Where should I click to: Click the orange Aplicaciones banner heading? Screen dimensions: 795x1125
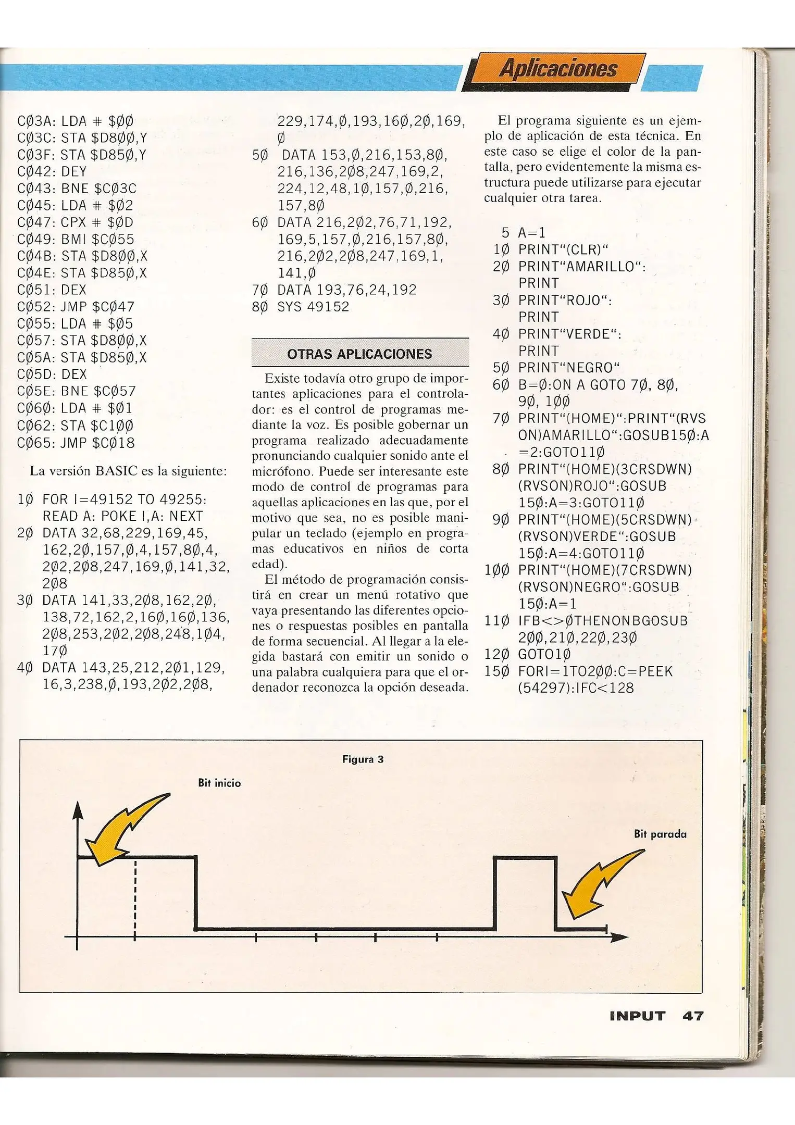557,69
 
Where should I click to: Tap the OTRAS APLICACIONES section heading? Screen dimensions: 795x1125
359,354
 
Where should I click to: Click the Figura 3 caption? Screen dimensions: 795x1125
363,759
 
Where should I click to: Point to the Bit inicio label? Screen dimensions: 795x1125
219,783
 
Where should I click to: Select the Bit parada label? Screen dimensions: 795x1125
660,834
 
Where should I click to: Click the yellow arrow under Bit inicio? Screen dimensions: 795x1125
125,828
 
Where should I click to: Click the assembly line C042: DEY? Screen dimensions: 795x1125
52,171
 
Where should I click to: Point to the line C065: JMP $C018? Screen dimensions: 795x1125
76,443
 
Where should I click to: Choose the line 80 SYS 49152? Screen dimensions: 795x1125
301,306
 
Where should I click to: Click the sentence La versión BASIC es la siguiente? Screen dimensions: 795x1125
128,471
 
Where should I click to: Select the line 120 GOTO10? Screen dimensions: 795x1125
528,654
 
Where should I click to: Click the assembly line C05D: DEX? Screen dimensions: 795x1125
52,374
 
